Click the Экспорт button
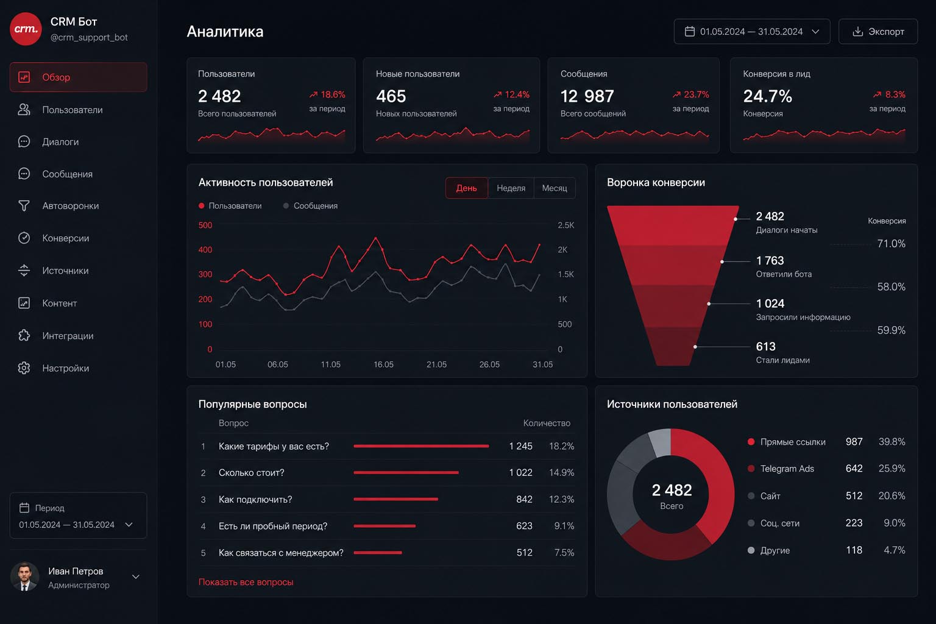pos(878,31)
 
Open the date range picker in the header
pos(752,31)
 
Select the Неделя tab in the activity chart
pos(511,188)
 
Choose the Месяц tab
pos(555,188)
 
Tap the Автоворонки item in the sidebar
pos(70,205)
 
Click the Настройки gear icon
pos(24,368)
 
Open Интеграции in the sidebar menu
pos(68,336)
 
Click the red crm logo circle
pos(26,29)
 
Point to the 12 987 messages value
pos(587,96)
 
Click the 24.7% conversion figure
pos(767,96)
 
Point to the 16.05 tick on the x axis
pos(383,364)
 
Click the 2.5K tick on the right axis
pos(565,225)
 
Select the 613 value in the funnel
pos(765,347)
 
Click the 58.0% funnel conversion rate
pos(891,287)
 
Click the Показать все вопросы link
pos(246,582)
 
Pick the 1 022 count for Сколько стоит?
pos(520,472)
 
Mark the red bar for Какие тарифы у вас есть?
pos(421,446)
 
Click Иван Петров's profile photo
pos(24,576)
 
